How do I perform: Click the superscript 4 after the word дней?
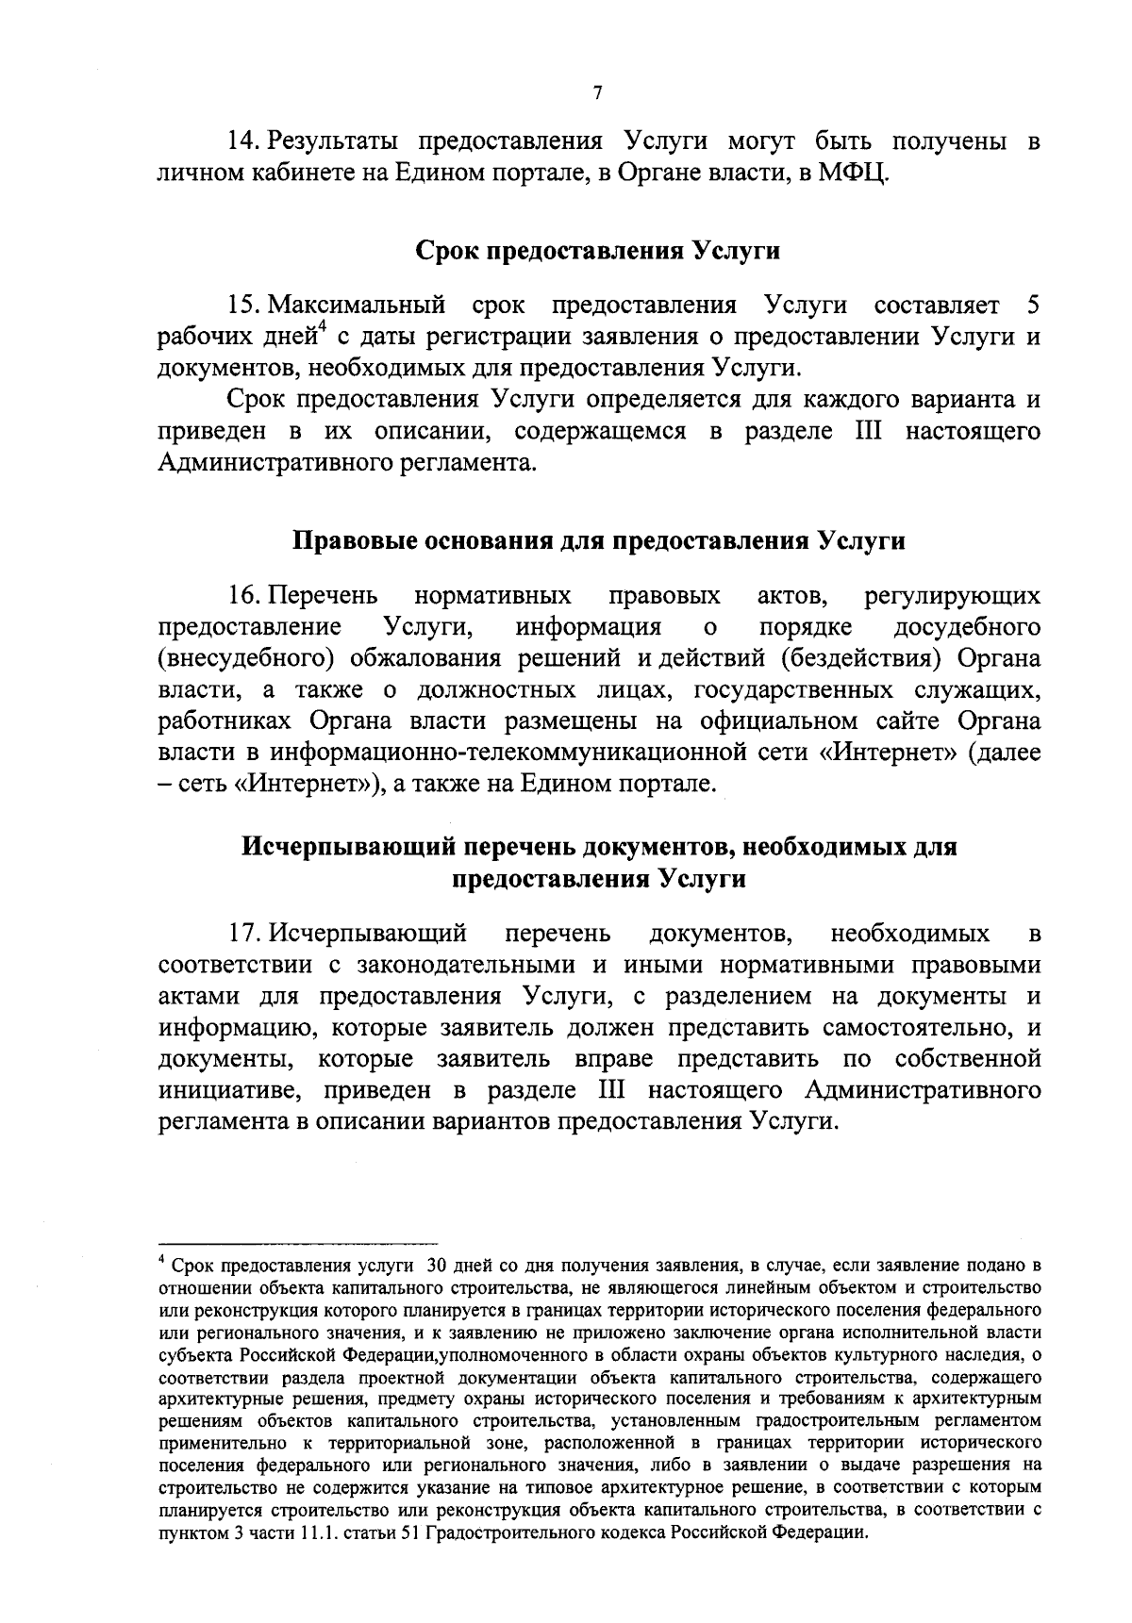(x=322, y=328)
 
